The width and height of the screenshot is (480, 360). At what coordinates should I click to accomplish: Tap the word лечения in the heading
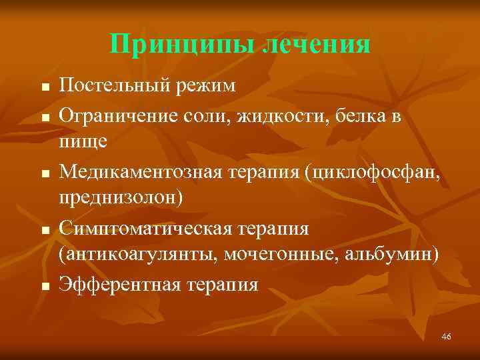[316, 45]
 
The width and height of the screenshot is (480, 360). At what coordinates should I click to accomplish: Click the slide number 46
[447, 337]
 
